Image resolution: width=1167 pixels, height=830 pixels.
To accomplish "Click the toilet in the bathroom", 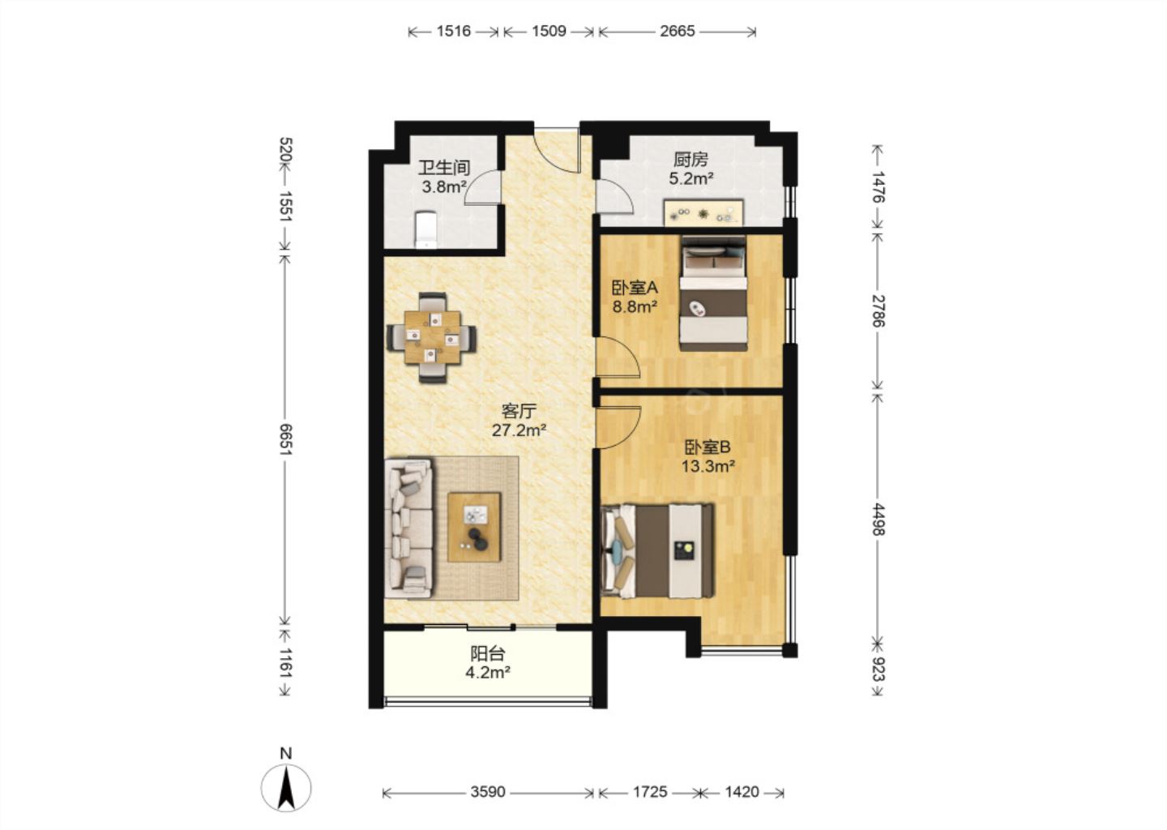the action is coord(426,229).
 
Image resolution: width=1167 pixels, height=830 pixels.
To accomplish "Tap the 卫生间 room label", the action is coord(444,168).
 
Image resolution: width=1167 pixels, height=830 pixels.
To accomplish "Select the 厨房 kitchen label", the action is coord(690,160).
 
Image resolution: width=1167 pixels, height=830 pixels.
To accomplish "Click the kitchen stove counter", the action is coord(703,212).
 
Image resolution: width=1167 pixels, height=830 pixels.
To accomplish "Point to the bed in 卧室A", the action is coord(713,293).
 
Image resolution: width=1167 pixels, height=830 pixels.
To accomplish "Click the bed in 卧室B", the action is coord(657,550).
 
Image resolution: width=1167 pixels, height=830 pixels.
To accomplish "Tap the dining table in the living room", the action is coord(432,337).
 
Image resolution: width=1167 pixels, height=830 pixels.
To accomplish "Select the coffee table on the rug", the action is coord(474,528).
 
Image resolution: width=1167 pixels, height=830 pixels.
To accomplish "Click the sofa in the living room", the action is coord(409,528).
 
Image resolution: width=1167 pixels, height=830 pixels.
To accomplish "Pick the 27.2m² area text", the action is coord(519,430).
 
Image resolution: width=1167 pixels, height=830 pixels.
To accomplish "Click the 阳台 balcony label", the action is coord(488,653).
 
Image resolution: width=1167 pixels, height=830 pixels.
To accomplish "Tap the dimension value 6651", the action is coord(286,439).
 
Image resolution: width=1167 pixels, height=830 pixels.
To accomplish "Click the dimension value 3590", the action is coord(488,792).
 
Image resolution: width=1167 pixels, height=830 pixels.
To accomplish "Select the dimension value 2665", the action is coord(678,32).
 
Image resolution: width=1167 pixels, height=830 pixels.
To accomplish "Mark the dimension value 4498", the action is coord(878,520).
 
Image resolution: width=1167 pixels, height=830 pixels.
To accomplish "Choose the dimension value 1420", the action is coord(742,792).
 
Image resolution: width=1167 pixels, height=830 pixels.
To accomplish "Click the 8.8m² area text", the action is coord(634,306).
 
